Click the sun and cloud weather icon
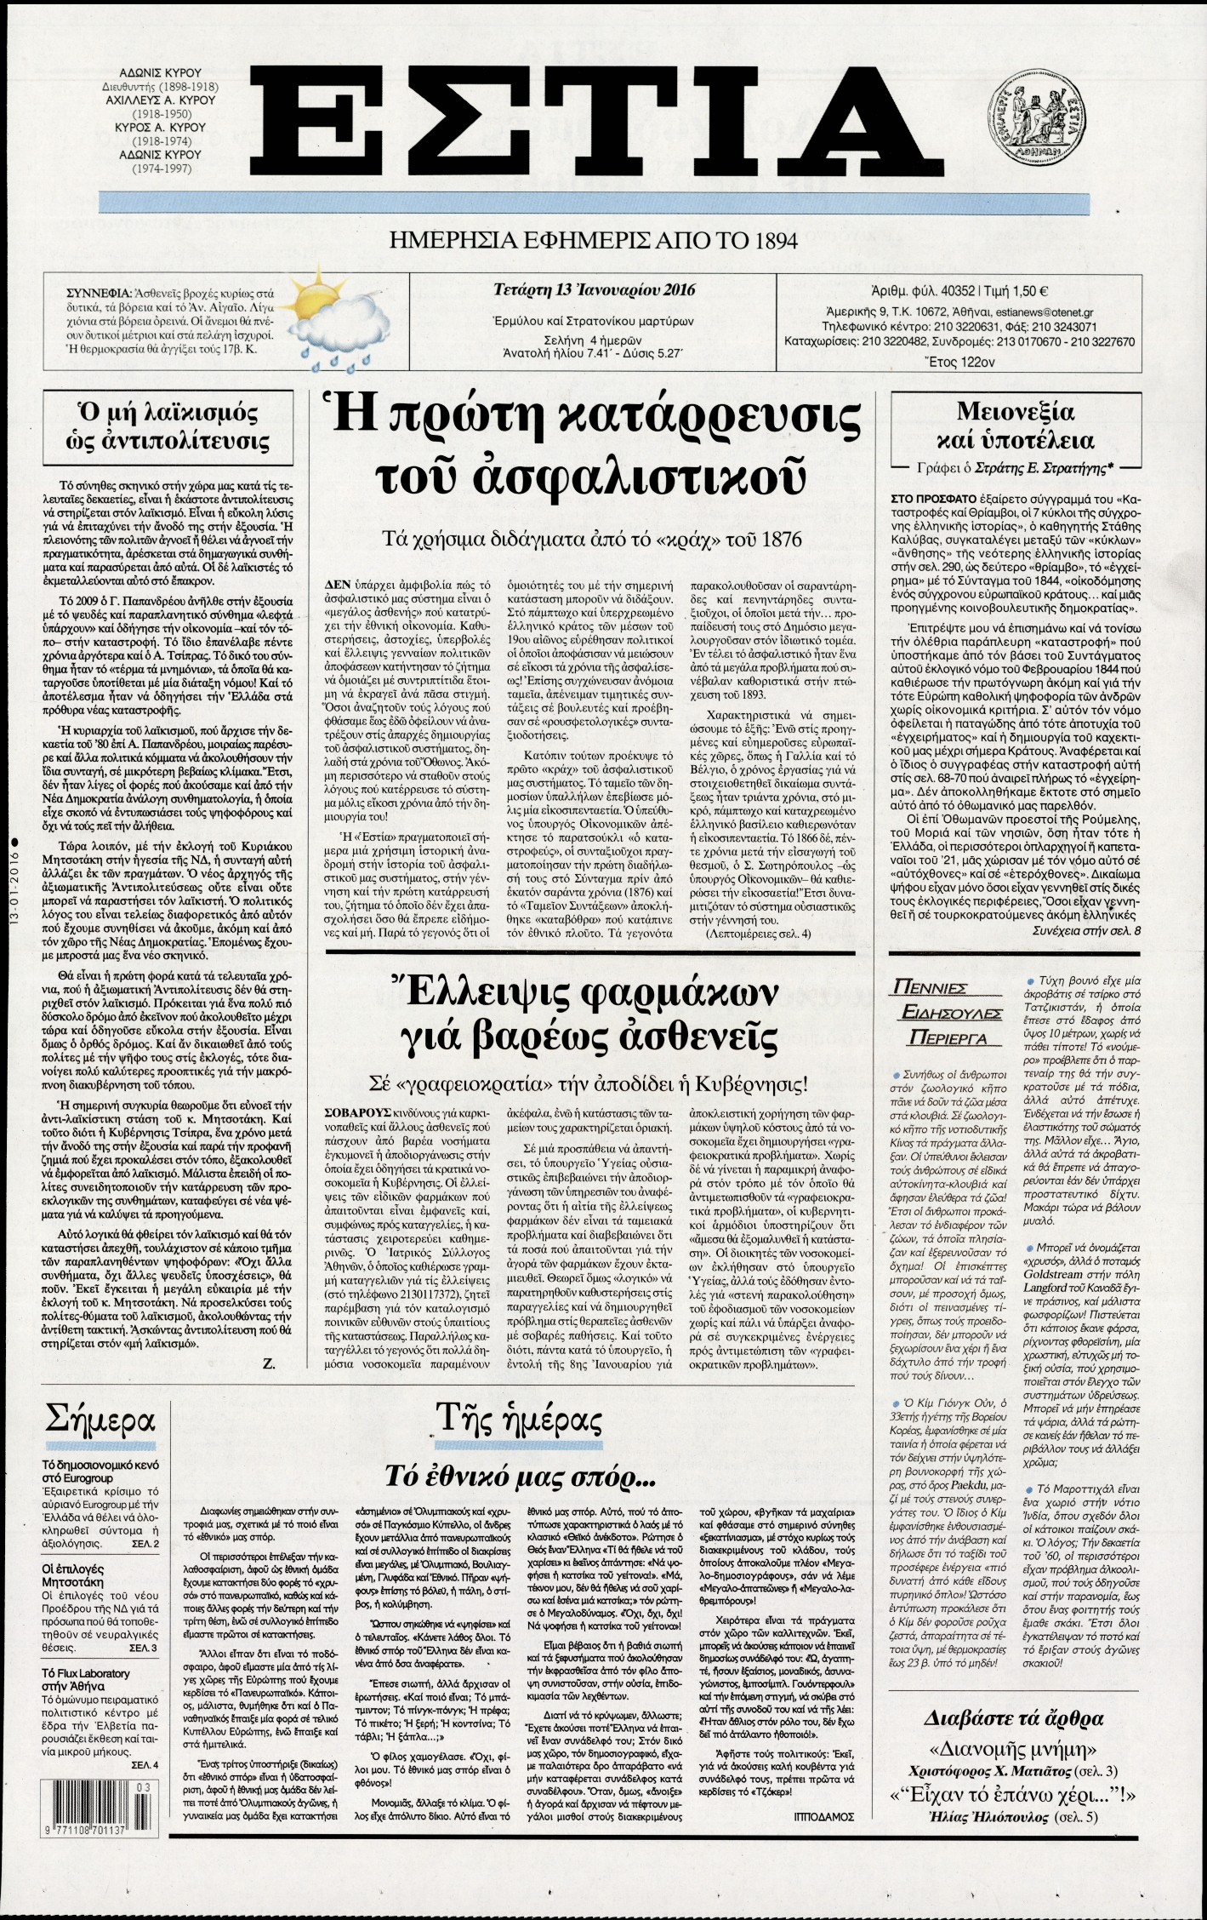[317, 327]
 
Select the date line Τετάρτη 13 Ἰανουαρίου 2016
[594, 289]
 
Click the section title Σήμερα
[100, 1421]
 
